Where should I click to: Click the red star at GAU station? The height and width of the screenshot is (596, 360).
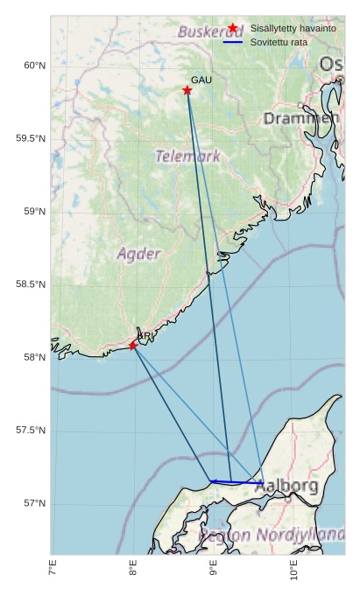click(x=187, y=90)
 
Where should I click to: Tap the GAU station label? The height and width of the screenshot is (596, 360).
click(x=201, y=80)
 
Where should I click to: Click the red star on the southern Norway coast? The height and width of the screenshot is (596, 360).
click(x=133, y=346)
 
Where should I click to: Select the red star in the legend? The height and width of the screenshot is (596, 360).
click(x=232, y=28)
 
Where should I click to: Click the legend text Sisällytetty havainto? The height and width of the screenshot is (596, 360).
click(x=293, y=28)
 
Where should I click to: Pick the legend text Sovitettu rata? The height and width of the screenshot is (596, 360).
click(x=279, y=41)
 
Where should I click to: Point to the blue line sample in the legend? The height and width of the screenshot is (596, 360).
click(x=232, y=41)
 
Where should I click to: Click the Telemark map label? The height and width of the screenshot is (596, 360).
click(x=188, y=157)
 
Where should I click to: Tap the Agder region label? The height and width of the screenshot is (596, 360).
click(x=138, y=254)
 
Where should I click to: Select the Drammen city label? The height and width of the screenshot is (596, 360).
click(x=300, y=118)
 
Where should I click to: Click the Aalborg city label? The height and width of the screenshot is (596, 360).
click(x=286, y=487)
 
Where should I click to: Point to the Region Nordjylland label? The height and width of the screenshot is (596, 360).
click(x=272, y=534)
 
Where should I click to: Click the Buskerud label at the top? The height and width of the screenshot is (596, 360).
click(x=210, y=32)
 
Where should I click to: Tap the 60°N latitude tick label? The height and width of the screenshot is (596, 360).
click(x=34, y=66)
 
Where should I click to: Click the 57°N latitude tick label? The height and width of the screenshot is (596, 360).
click(x=34, y=503)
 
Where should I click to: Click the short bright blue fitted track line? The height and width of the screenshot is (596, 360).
click(x=237, y=481)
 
